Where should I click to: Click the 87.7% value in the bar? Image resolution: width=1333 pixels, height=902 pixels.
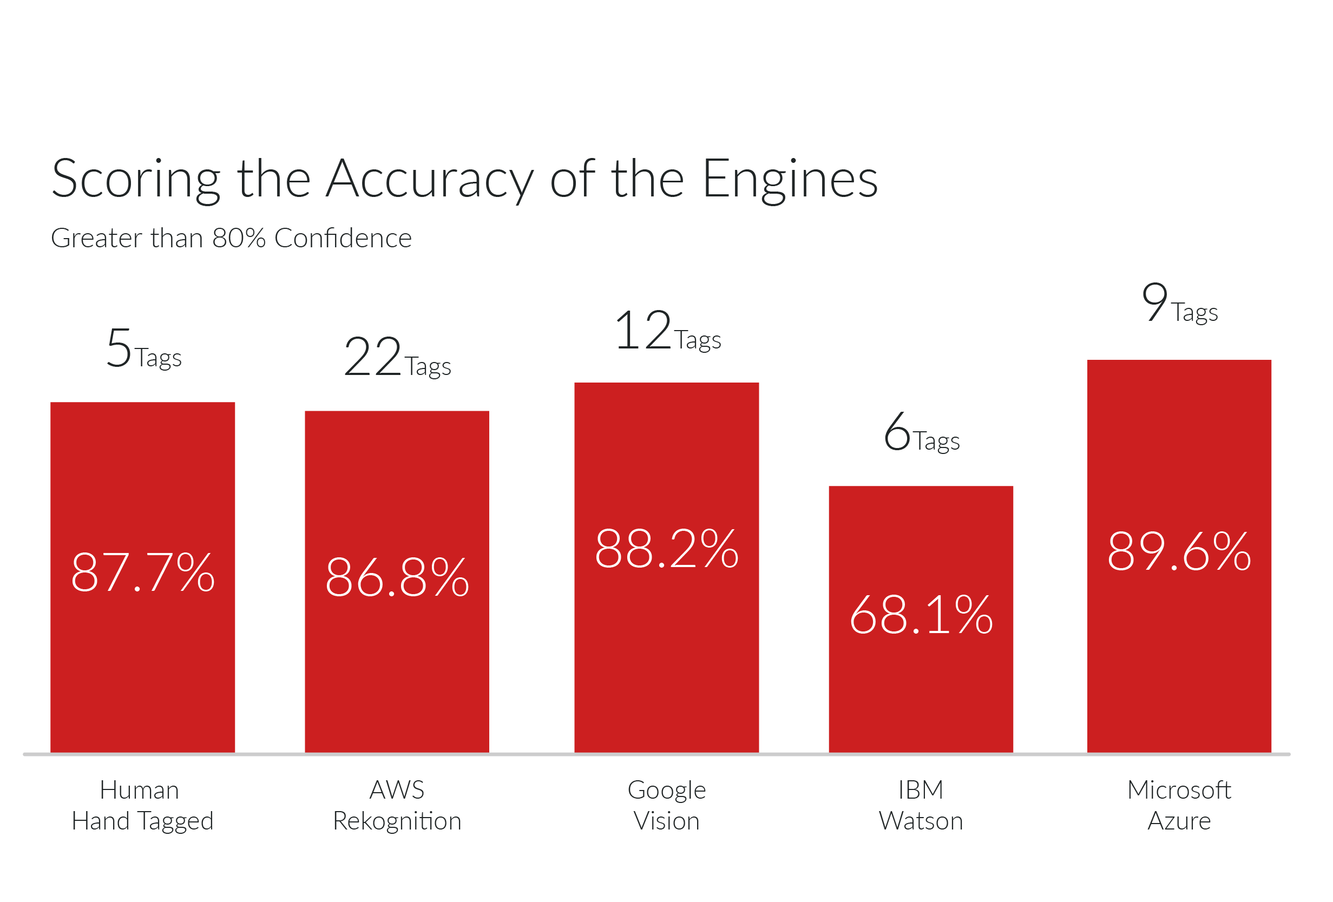pos(143,572)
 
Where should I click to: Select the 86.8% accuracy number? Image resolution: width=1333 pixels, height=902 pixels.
pos(397,577)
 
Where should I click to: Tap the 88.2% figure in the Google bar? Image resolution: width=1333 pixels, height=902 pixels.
pos(667,549)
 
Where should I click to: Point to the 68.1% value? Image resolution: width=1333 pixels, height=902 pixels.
pos(921,615)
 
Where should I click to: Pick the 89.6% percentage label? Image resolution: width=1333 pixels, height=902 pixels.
pos(1179,551)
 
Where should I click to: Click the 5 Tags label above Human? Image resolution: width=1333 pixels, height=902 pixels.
pos(143,349)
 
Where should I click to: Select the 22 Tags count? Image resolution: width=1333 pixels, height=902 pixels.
pos(397,357)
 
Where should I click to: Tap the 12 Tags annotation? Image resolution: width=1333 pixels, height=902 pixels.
pos(667,331)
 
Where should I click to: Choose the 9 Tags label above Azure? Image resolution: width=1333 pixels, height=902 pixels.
pos(1179,304)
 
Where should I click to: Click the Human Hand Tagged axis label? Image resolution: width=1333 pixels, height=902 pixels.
pos(142,805)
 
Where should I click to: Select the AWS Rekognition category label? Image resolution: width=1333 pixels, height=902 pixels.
pos(397,805)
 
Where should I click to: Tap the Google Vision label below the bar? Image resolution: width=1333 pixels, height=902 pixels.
pos(667,805)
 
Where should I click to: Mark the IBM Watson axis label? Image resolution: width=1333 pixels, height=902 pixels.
pos(921,805)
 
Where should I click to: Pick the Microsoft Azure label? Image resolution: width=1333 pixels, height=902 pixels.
pos(1179,805)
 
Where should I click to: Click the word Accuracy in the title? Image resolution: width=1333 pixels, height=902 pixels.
pos(430,180)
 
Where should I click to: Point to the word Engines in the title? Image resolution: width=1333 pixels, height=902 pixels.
pos(790,180)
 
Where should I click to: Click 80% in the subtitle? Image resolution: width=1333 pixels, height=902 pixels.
pos(239,238)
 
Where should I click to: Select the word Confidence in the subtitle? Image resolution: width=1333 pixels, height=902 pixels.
pos(343,238)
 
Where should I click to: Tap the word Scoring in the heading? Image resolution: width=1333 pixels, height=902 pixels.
pos(136,180)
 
